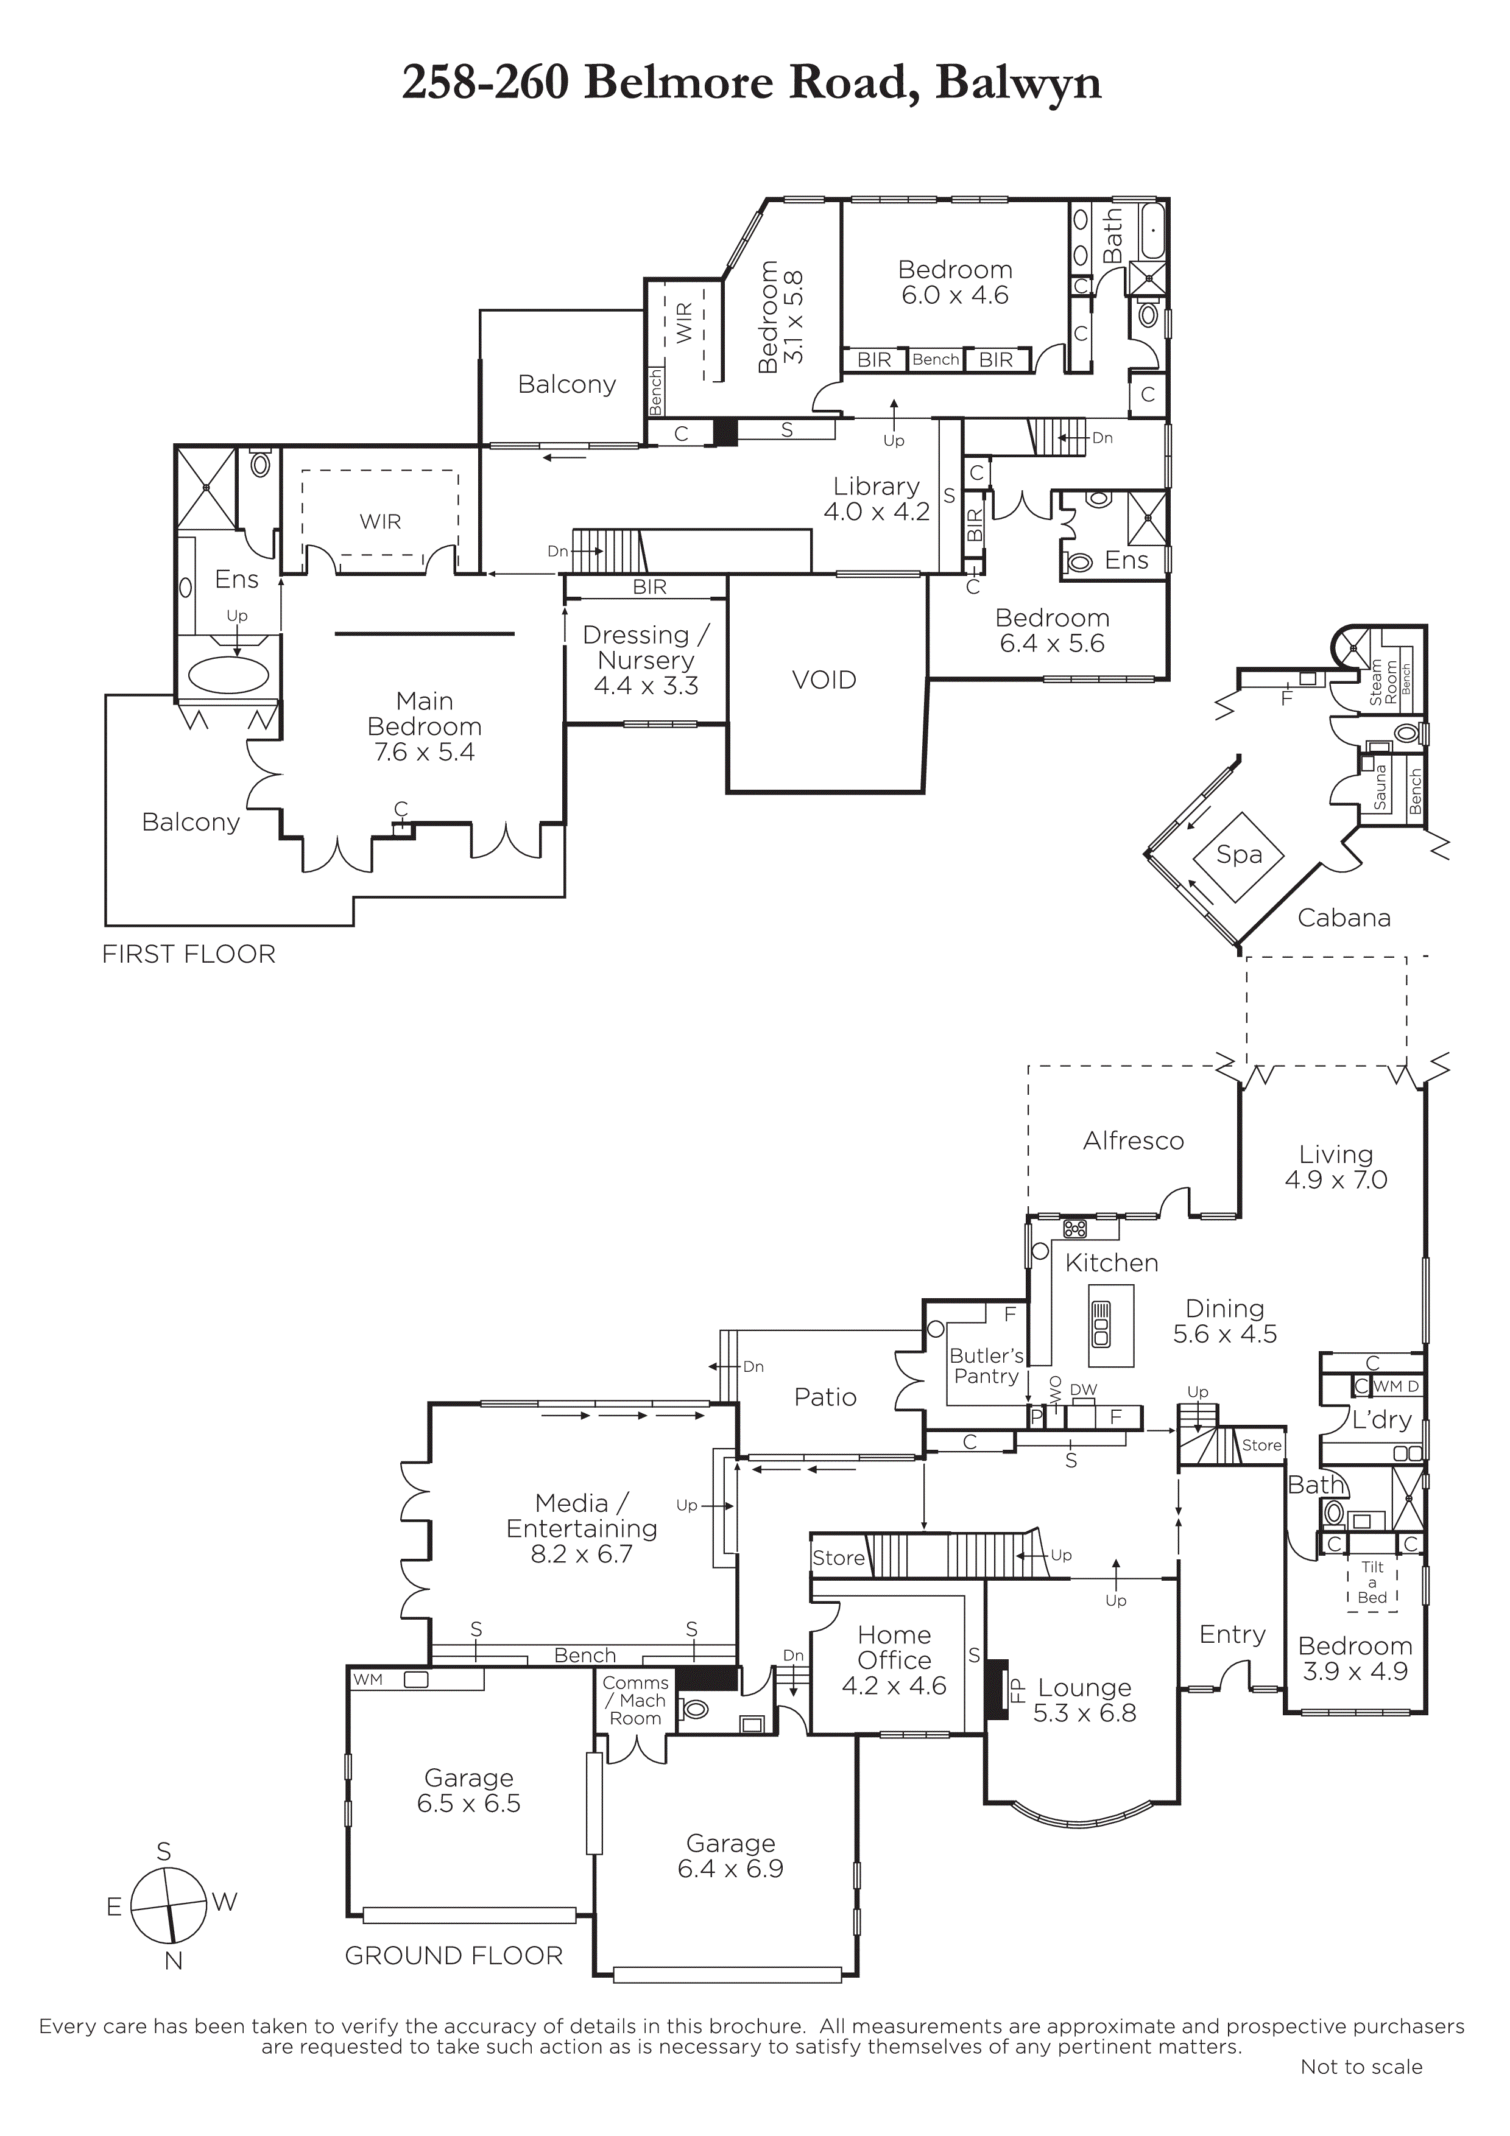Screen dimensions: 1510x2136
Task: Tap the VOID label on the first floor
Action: [x=824, y=680]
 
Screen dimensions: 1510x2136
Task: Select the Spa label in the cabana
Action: [x=1240, y=854]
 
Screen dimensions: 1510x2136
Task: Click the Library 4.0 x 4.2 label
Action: [x=877, y=499]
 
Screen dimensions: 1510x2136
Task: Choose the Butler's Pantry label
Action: [x=986, y=1366]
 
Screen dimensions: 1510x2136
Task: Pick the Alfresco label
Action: [x=1133, y=1140]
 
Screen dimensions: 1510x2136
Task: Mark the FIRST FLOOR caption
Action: [x=189, y=955]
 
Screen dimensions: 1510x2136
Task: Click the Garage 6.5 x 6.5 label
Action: [x=469, y=1791]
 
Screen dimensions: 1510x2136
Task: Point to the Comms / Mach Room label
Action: [x=635, y=1701]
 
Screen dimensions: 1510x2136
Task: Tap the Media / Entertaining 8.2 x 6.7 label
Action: [x=582, y=1528]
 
